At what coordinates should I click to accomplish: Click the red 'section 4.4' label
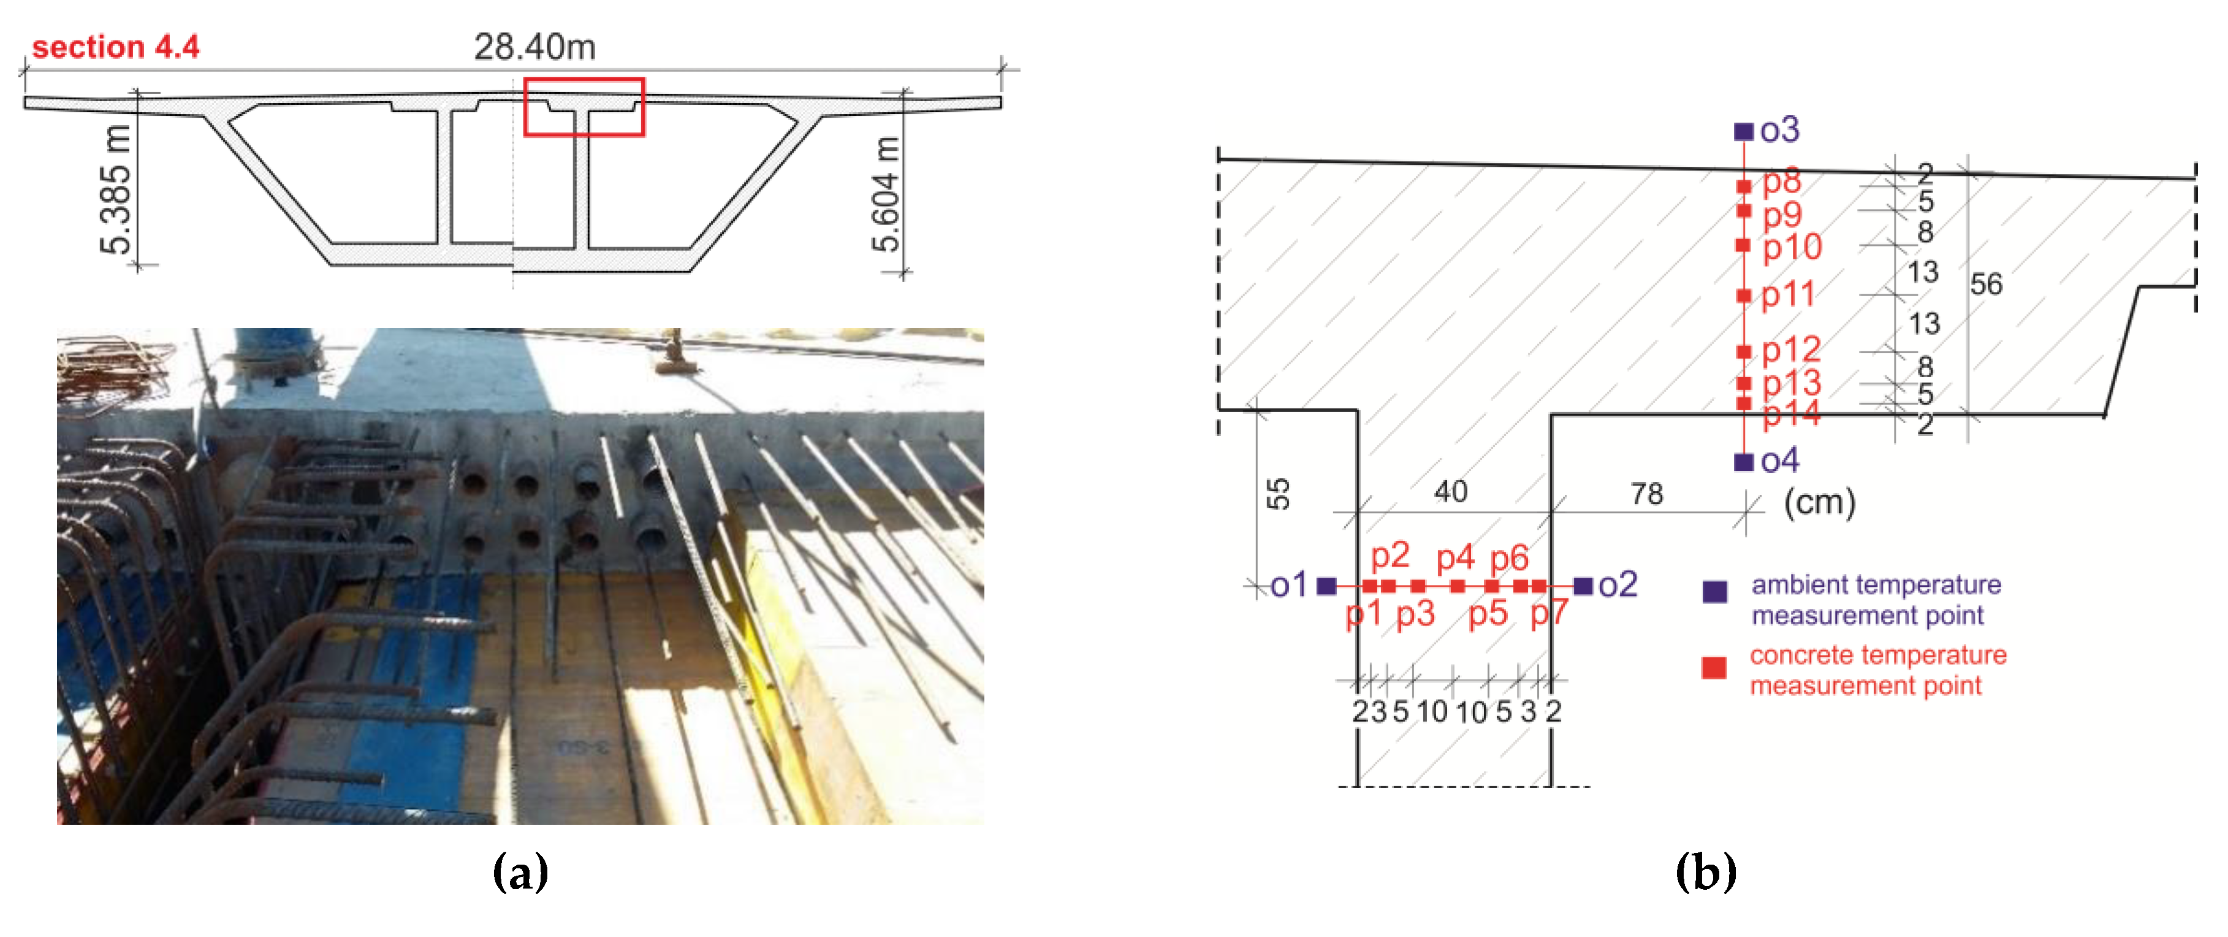pyautogui.click(x=115, y=47)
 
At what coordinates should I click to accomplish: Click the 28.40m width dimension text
pyautogui.click(x=534, y=47)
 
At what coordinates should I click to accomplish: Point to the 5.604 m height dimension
pyautogui.click(x=886, y=194)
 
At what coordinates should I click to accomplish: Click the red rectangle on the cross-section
pyautogui.click(x=584, y=107)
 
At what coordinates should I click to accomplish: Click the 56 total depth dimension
pyautogui.click(x=1986, y=284)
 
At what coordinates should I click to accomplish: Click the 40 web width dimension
pyautogui.click(x=1450, y=491)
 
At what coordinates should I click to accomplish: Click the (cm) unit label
pyautogui.click(x=1820, y=502)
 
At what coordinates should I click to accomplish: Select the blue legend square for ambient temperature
pyautogui.click(x=1714, y=592)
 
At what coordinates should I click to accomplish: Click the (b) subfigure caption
pyautogui.click(x=1706, y=872)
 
